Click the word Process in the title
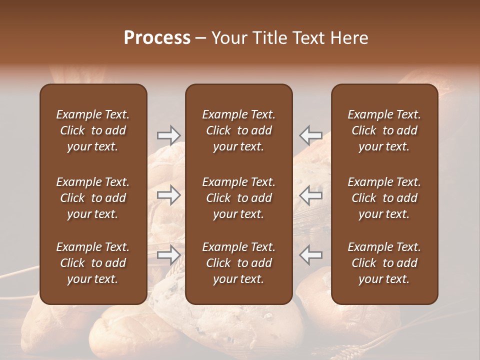click(157, 38)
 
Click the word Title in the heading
click(268, 38)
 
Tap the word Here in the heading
click(349, 38)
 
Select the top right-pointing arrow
click(169, 135)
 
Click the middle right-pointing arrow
click(169, 195)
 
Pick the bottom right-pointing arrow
click(169, 255)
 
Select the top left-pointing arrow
click(311, 135)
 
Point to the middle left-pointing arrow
click(311, 195)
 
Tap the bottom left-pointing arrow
click(311, 255)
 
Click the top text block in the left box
click(93, 130)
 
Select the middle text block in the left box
click(93, 198)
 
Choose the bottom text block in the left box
click(93, 263)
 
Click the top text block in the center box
click(239, 130)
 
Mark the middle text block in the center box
click(239, 198)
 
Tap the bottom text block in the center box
click(239, 263)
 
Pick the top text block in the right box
click(384, 130)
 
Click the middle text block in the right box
click(384, 198)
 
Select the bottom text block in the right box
click(384, 263)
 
